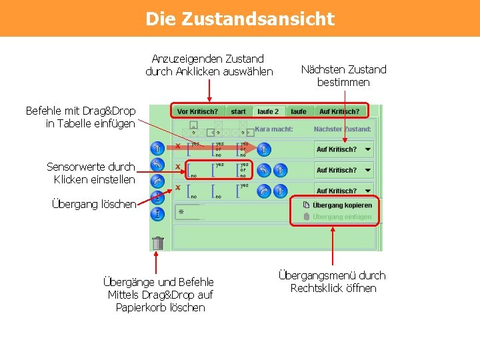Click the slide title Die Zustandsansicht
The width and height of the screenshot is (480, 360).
pos(240,19)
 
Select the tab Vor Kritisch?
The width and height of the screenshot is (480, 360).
pos(198,111)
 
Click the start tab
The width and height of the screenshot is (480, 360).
pos(239,111)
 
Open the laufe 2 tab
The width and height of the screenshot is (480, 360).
pos(268,111)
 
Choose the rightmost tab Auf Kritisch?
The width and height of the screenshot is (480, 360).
pos(339,111)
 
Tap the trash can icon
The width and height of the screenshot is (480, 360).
pos(158,243)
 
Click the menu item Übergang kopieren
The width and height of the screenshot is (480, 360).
pos(341,205)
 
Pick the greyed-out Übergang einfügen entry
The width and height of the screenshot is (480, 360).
pos(341,217)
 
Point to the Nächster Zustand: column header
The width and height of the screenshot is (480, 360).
pos(341,129)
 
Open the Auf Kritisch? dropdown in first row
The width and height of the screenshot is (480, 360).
pos(344,149)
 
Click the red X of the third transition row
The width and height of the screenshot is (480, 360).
pos(178,187)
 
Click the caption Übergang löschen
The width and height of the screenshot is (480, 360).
pos(93,204)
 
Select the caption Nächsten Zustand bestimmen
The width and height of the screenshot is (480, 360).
pos(343,75)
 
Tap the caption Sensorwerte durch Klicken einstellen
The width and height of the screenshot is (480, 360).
pos(91,173)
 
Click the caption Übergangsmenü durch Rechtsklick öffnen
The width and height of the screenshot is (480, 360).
pos(333,281)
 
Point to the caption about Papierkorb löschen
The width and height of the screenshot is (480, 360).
pos(159,295)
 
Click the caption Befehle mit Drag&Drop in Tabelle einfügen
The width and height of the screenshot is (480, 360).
pos(81,117)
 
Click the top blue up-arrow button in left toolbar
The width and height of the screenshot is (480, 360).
pos(157,148)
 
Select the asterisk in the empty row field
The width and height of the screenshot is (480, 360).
pos(181,211)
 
